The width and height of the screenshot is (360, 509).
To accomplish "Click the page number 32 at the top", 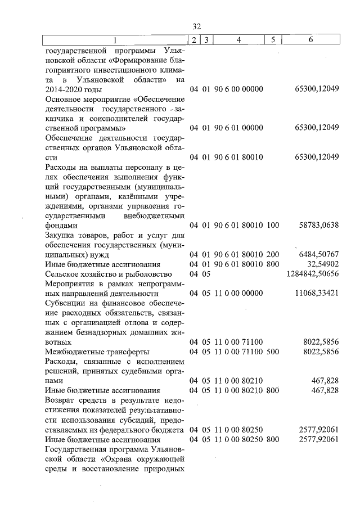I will (x=196, y=26).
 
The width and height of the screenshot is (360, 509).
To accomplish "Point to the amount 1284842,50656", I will (x=312, y=274).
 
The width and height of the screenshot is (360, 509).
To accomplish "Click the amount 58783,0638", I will (x=318, y=225).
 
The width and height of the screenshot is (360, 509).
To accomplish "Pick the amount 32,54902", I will (x=323, y=264).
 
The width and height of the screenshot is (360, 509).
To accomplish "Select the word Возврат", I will (x=59, y=400).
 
